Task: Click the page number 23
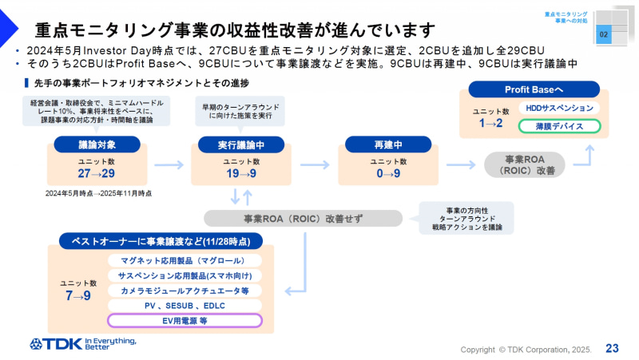pos(613,348)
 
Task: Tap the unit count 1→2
pos(490,123)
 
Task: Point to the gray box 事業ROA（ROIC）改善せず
pos(303,218)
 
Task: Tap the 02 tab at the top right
pos(604,35)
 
